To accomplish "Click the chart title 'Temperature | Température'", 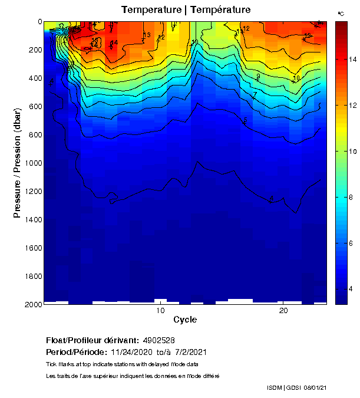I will (x=186, y=10).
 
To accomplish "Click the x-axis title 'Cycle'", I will (x=185, y=320).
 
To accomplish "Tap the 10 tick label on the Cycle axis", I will (x=160, y=311).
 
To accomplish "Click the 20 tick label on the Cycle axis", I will (x=283, y=311).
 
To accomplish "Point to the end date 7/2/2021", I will (x=190, y=352).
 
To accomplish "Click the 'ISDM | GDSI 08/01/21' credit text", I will (x=296, y=387).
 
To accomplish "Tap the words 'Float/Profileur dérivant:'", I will (x=92, y=341).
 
